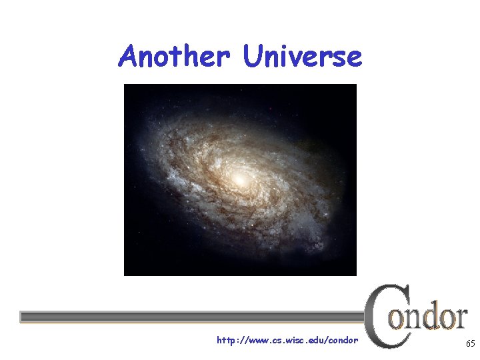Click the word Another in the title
tap(175, 56)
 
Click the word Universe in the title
tap(303, 56)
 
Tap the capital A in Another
tap(129, 56)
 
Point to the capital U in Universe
tap(253, 56)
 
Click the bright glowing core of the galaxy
tap(239, 179)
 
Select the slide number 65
tap(470, 344)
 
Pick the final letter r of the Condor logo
tap(459, 319)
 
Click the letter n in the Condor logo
tap(411, 319)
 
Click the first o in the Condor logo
tap(397, 319)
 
